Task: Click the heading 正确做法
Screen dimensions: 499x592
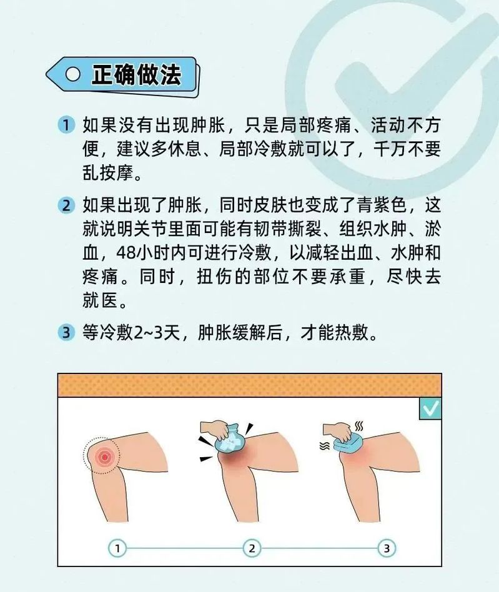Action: [x=136, y=75]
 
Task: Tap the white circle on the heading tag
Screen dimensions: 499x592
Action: [x=73, y=74]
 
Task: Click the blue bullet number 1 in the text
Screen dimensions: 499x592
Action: [x=66, y=125]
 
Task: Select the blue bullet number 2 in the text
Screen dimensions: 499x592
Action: [x=66, y=205]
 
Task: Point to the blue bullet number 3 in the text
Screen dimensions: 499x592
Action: [x=66, y=332]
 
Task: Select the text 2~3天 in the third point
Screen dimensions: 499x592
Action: [x=157, y=332]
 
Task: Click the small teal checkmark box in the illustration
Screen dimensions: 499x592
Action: [x=430, y=408]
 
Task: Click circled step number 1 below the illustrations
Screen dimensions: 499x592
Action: [x=117, y=548]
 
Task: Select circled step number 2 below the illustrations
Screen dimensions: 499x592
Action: [x=252, y=548]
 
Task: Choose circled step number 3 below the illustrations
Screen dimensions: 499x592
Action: [x=387, y=548]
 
